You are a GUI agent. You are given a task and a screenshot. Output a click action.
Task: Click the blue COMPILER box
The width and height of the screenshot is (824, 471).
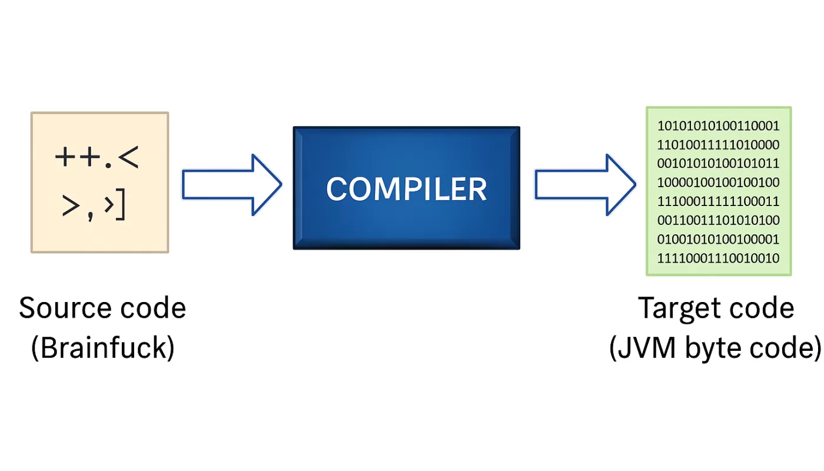(x=406, y=188)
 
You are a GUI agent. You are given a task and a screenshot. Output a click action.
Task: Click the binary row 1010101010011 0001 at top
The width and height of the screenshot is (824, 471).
(x=718, y=126)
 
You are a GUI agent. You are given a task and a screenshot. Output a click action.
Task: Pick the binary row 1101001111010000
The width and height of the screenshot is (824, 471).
(x=718, y=145)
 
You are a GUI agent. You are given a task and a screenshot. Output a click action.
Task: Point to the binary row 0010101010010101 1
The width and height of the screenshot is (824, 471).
(x=718, y=164)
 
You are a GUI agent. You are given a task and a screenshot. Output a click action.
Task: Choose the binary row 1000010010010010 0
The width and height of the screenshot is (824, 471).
(x=718, y=183)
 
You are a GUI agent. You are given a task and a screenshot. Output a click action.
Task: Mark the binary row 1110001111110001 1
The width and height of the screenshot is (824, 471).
(x=718, y=201)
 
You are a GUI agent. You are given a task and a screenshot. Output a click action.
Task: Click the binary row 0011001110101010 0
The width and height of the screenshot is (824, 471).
(x=718, y=220)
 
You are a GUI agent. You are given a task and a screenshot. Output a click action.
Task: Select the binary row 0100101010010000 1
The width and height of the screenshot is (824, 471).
(x=718, y=239)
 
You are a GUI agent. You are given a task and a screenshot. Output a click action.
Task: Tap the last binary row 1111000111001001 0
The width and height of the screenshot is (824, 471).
(x=718, y=258)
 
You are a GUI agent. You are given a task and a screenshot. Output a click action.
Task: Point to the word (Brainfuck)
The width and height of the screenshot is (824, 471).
(x=102, y=348)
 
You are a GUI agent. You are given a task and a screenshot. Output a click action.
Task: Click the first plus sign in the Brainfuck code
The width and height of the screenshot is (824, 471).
(x=65, y=158)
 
